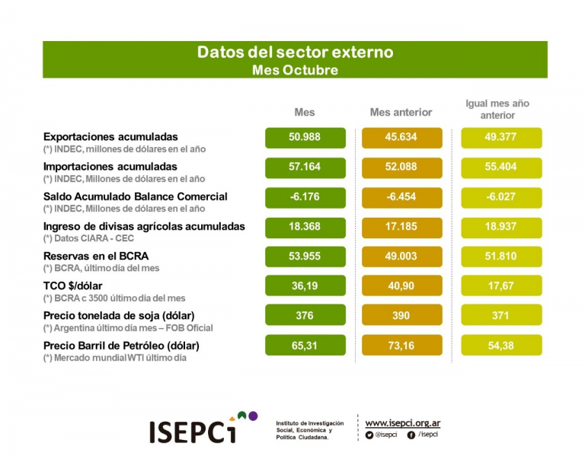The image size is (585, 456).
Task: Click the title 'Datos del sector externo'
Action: pyautogui.click(x=295, y=53)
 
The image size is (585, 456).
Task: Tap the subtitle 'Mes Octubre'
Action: pyautogui.click(x=295, y=70)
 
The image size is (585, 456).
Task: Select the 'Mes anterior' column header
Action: pyautogui.click(x=401, y=112)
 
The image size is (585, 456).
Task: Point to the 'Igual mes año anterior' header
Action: pyautogui.click(x=497, y=110)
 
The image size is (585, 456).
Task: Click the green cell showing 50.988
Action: pyautogui.click(x=305, y=138)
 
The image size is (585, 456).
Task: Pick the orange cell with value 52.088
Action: pyautogui.click(x=402, y=167)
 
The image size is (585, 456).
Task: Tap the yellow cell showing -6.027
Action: pyautogui.click(x=501, y=197)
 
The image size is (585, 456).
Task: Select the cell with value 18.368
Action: pyautogui.click(x=305, y=227)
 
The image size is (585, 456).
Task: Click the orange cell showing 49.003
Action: pyautogui.click(x=402, y=257)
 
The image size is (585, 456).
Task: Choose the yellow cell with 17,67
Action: pyautogui.click(x=501, y=285)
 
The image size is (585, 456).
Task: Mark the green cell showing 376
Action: pyautogui.click(x=305, y=315)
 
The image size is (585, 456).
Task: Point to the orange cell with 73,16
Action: pyautogui.click(x=402, y=345)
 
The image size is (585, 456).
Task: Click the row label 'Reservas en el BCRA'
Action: pyautogui.click(x=96, y=256)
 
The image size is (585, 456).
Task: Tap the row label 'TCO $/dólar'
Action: pyautogui.click(x=73, y=286)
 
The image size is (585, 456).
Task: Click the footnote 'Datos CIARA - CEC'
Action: pyautogui.click(x=94, y=238)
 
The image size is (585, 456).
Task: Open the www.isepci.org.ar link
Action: pyautogui.click(x=402, y=423)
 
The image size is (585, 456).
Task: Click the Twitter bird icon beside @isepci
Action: pyautogui.click(x=369, y=435)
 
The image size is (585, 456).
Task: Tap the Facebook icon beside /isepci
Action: pyautogui.click(x=411, y=435)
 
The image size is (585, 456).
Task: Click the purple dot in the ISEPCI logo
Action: pyautogui.click(x=253, y=416)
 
